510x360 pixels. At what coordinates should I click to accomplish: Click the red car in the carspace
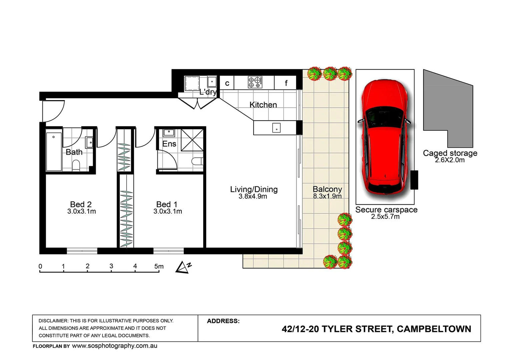[x=385, y=137]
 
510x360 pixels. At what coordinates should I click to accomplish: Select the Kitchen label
[x=263, y=105]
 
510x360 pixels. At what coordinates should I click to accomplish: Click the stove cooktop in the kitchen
[x=255, y=82]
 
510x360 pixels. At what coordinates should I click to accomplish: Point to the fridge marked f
[x=286, y=83]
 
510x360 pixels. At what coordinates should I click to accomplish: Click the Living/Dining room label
[x=253, y=189]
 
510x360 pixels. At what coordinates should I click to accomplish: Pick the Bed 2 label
[x=81, y=204]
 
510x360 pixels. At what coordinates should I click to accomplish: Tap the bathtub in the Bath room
[x=54, y=152]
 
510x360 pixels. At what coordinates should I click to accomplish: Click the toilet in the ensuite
[x=197, y=162]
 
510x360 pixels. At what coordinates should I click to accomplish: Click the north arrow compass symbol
[x=183, y=267]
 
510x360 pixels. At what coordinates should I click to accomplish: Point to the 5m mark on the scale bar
[x=159, y=266]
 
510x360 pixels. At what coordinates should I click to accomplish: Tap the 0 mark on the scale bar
[x=40, y=266]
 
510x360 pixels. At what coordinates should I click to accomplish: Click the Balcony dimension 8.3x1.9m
[x=327, y=196]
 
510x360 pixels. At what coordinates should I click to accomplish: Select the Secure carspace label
[x=386, y=210]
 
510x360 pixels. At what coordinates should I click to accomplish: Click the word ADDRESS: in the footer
[x=223, y=321]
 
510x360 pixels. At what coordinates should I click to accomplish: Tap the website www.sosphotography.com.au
[x=114, y=346]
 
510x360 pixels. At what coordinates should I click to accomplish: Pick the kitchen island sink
[x=276, y=128]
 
